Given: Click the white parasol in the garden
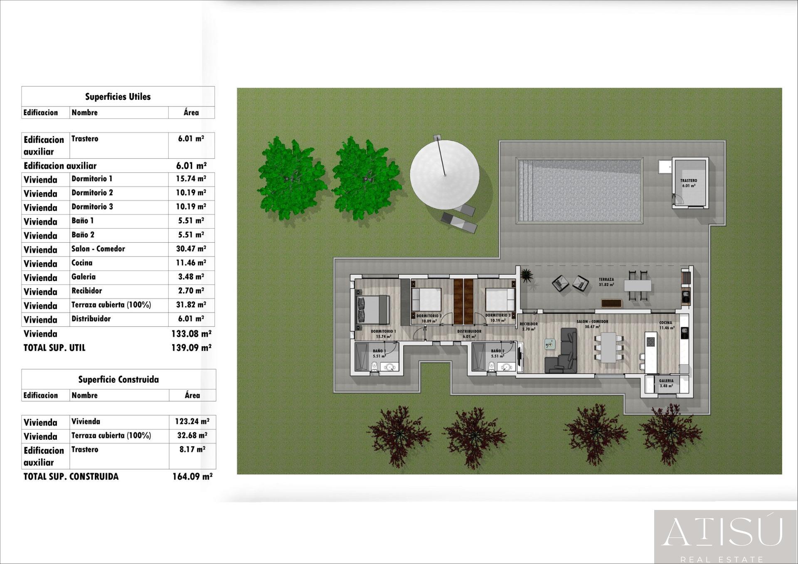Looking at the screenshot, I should coord(444,175).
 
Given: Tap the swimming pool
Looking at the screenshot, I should coord(580,190).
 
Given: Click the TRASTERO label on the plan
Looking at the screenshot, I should coord(689,181).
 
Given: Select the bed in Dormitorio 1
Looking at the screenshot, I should coord(373,310).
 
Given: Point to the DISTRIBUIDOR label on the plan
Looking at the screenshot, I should coord(469,332).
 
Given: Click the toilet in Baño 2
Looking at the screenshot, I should coord(492,366).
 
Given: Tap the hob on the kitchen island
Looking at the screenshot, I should coord(650,342).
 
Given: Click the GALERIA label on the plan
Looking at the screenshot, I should coord(666,381).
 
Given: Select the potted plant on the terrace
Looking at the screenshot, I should coord(527,275).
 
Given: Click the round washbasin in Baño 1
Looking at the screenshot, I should coord(390,367).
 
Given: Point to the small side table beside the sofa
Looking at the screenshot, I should coord(550,344).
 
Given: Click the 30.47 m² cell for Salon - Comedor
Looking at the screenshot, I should coord(191,249).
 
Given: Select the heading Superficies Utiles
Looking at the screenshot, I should coord(118,97).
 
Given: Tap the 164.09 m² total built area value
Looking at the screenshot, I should coord(192,477).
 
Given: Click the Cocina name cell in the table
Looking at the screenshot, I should coord(82,263).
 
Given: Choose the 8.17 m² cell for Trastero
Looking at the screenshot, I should coord(192,450).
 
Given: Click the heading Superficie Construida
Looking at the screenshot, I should coord(118,379).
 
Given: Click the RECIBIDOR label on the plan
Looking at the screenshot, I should coord(529,324).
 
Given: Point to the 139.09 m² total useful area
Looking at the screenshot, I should coord(191,348).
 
